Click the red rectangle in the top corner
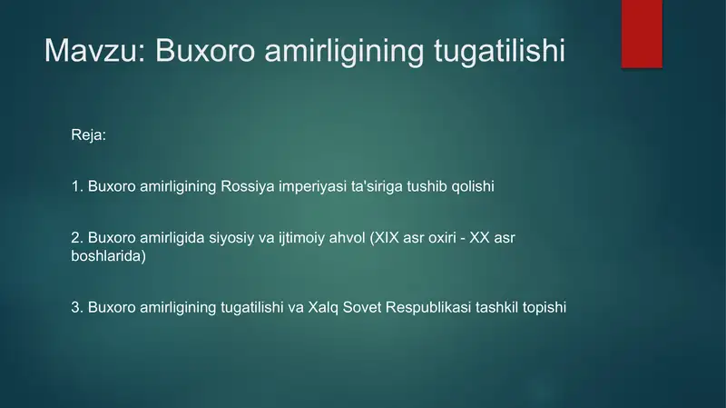[x=642, y=33]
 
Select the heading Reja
[x=88, y=135]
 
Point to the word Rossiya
[x=245, y=186]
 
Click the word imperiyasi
[x=304, y=186]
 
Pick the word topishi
[x=545, y=307]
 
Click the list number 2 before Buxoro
[x=75, y=237]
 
